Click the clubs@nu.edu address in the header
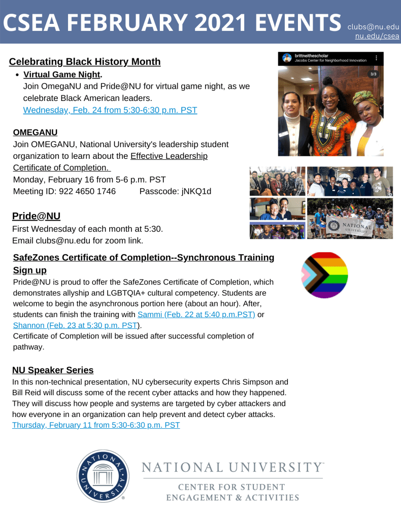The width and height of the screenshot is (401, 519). point(373,26)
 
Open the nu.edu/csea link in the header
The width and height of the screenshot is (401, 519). point(377,36)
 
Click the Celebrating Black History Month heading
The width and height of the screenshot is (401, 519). point(85,62)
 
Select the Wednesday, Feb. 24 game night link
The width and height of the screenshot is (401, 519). point(110,110)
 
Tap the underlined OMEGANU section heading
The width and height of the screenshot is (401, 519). point(35,132)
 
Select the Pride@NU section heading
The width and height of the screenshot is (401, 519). point(36,216)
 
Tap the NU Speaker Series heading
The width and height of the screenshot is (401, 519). point(53,370)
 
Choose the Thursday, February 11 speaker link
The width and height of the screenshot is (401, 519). point(96,425)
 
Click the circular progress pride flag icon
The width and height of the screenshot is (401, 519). point(325,275)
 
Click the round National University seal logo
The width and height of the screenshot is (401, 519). point(103,476)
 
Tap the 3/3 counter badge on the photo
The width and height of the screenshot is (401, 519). point(374,74)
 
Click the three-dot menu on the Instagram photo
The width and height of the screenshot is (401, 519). point(376,58)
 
